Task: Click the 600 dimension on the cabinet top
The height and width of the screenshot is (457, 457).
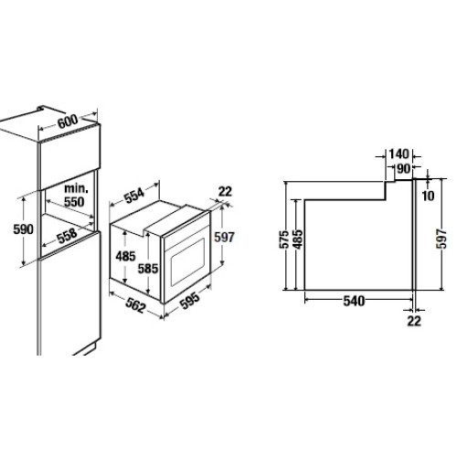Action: tap(68, 122)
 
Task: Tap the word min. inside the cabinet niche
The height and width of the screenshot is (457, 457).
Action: tap(76, 188)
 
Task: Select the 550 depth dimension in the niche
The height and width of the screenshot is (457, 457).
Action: tap(74, 201)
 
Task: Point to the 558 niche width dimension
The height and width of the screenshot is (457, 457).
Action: tap(67, 236)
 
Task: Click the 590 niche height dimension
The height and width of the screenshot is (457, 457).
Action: tap(24, 229)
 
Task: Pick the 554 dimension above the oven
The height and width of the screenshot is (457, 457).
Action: tap(134, 196)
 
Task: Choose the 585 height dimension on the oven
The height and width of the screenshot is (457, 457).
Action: tap(148, 269)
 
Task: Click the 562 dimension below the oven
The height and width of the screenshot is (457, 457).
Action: tap(135, 305)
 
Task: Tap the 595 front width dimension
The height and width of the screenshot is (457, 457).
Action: tap(189, 301)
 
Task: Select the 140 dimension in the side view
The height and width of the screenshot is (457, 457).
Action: tap(399, 154)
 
